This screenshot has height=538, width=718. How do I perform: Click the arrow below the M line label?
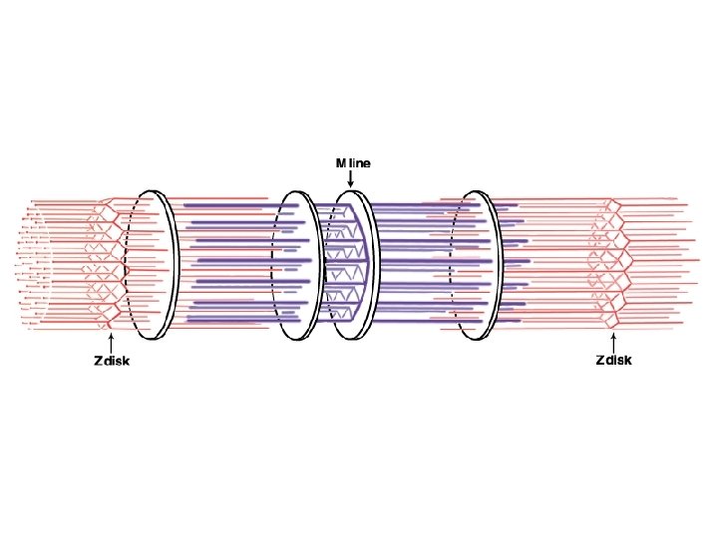[x=351, y=178]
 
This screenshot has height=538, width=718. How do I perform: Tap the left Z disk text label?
[x=112, y=361]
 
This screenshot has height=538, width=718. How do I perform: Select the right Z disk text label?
[x=613, y=360]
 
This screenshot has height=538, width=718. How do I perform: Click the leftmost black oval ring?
[x=153, y=264]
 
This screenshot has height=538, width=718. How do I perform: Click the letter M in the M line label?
[x=341, y=162]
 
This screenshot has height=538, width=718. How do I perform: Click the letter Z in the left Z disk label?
[x=98, y=361]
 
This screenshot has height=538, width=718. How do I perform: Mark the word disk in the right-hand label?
[x=619, y=360]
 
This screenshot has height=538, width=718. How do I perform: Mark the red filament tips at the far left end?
[x=30, y=264]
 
